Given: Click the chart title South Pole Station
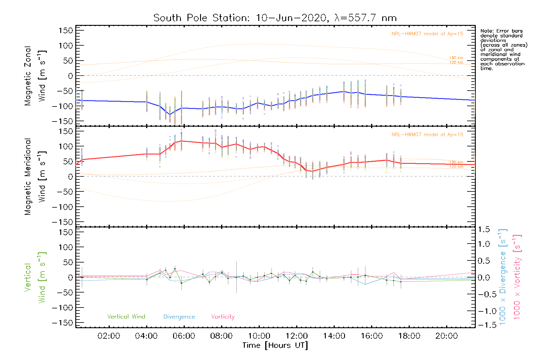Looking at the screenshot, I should pyautogui.click(x=275, y=18).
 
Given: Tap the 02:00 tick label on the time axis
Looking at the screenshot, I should pyautogui.click(x=109, y=336).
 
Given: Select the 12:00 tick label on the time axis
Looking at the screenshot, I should pyautogui.click(x=296, y=336).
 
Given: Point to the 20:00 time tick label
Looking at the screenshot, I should pyautogui.click(x=446, y=336).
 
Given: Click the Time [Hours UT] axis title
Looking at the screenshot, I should pyautogui.click(x=275, y=345).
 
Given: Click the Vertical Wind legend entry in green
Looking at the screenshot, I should pyautogui.click(x=126, y=317).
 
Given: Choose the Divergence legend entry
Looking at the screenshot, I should pyautogui.click(x=179, y=317).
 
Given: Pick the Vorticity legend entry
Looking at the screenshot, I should pyautogui.click(x=223, y=317).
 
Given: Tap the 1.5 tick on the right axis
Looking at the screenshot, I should pyautogui.click(x=484, y=229).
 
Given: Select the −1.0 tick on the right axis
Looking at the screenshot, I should pyautogui.click(x=484, y=311).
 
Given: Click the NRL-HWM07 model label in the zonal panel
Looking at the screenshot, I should pyautogui.click(x=427, y=34).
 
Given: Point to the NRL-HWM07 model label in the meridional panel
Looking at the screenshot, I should pyautogui.click(x=427, y=135).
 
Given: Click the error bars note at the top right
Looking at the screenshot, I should pyautogui.click(x=503, y=49).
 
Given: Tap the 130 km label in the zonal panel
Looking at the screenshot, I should pyautogui.click(x=456, y=58).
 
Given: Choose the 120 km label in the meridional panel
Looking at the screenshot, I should pyautogui.click(x=456, y=167).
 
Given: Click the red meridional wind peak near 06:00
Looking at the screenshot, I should pyautogui.click(x=181, y=141).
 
